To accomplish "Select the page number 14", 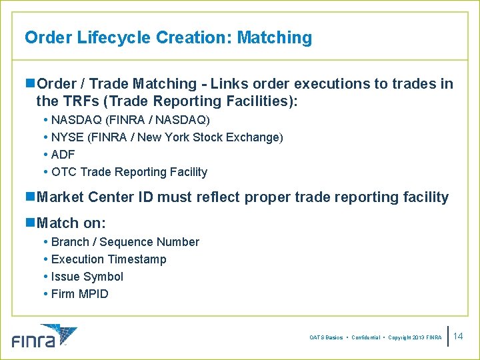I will click(x=458, y=337).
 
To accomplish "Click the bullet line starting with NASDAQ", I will click(x=130, y=120).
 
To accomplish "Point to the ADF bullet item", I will click(x=63, y=155).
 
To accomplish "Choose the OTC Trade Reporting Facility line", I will click(x=129, y=172).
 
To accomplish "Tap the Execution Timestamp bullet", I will click(x=109, y=259).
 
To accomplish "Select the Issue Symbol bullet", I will click(x=87, y=277).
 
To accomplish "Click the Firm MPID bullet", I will click(x=79, y=294).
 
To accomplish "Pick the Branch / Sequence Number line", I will click(x=125, y=242).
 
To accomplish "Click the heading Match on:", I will click(x=71, y=223).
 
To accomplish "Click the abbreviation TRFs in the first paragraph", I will click(x=78, y=101).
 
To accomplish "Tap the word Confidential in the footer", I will click(x=365, y=338).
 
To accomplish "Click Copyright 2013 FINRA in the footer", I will click(x=413, y=338).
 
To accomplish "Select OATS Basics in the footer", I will click(x=327, y=338).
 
